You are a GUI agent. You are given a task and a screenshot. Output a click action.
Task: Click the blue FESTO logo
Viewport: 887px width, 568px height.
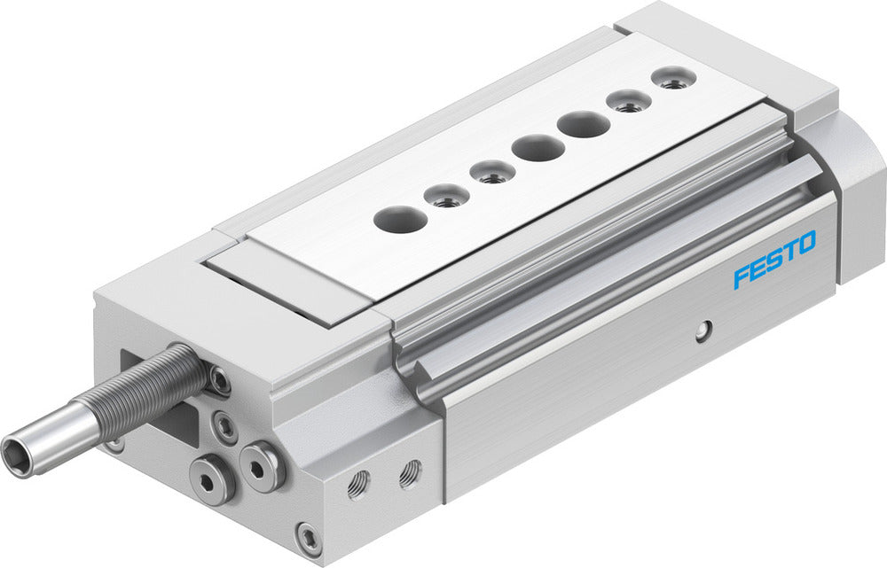click(773, 259)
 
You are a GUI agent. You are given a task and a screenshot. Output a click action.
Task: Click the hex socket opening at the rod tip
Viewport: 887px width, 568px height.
click(19, 447)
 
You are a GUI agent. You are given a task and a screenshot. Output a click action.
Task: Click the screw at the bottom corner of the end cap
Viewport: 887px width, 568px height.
click(310, 537)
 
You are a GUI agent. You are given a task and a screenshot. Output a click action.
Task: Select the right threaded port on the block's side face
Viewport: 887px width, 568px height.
click(409, 474)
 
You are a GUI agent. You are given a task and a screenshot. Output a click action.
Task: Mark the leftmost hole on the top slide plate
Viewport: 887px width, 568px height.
click(398, 218)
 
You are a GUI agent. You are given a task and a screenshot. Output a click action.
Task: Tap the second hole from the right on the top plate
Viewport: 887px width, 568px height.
click(629, 100)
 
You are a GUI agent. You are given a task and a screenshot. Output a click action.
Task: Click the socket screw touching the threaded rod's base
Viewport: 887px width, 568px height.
click(218, 380)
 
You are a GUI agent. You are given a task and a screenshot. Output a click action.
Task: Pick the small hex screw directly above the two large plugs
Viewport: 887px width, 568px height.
click(227, 426)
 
